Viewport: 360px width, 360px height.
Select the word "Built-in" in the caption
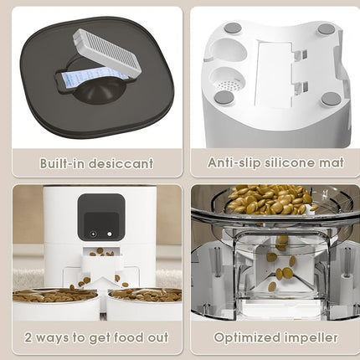pyautogui.click(x=61, y=162)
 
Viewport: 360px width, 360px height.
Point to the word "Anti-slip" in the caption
pyautogui.click(x=231, y=162)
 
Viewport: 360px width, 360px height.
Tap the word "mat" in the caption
pyautogui.click(x=327, y=162)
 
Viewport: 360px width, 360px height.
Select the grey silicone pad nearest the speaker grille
pyautogui.click(x=223, y=98)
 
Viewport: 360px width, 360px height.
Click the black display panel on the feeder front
pyautogui.click(x=100, y=217)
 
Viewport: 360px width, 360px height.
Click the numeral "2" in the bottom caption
pyautogui.click(x=29, y=337)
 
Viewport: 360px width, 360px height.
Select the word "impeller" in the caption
pyautogui.click(x=311, y=337)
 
